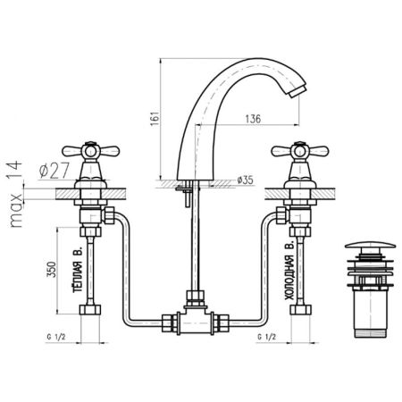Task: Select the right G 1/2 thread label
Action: [264, 338]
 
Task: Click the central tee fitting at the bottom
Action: [192, 318]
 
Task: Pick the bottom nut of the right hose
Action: [290, 313]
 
